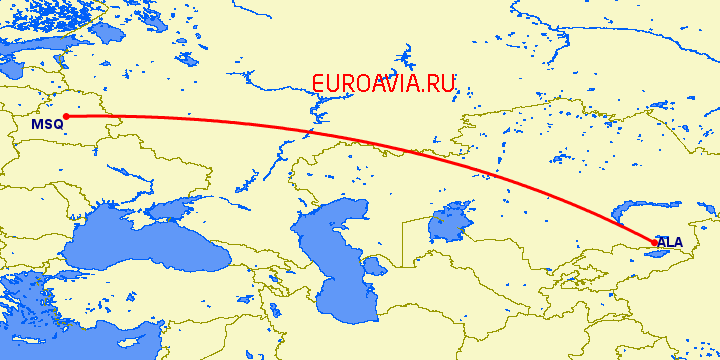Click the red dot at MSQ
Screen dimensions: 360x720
click(x=65, y=116)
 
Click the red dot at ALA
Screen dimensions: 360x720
click(x=654, y=242)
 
